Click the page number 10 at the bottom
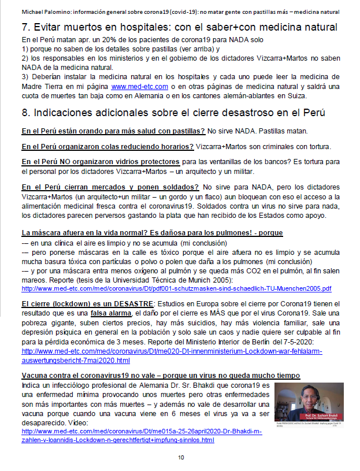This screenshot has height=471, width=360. coord(181,458)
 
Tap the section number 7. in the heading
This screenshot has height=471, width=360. coord(25,27)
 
